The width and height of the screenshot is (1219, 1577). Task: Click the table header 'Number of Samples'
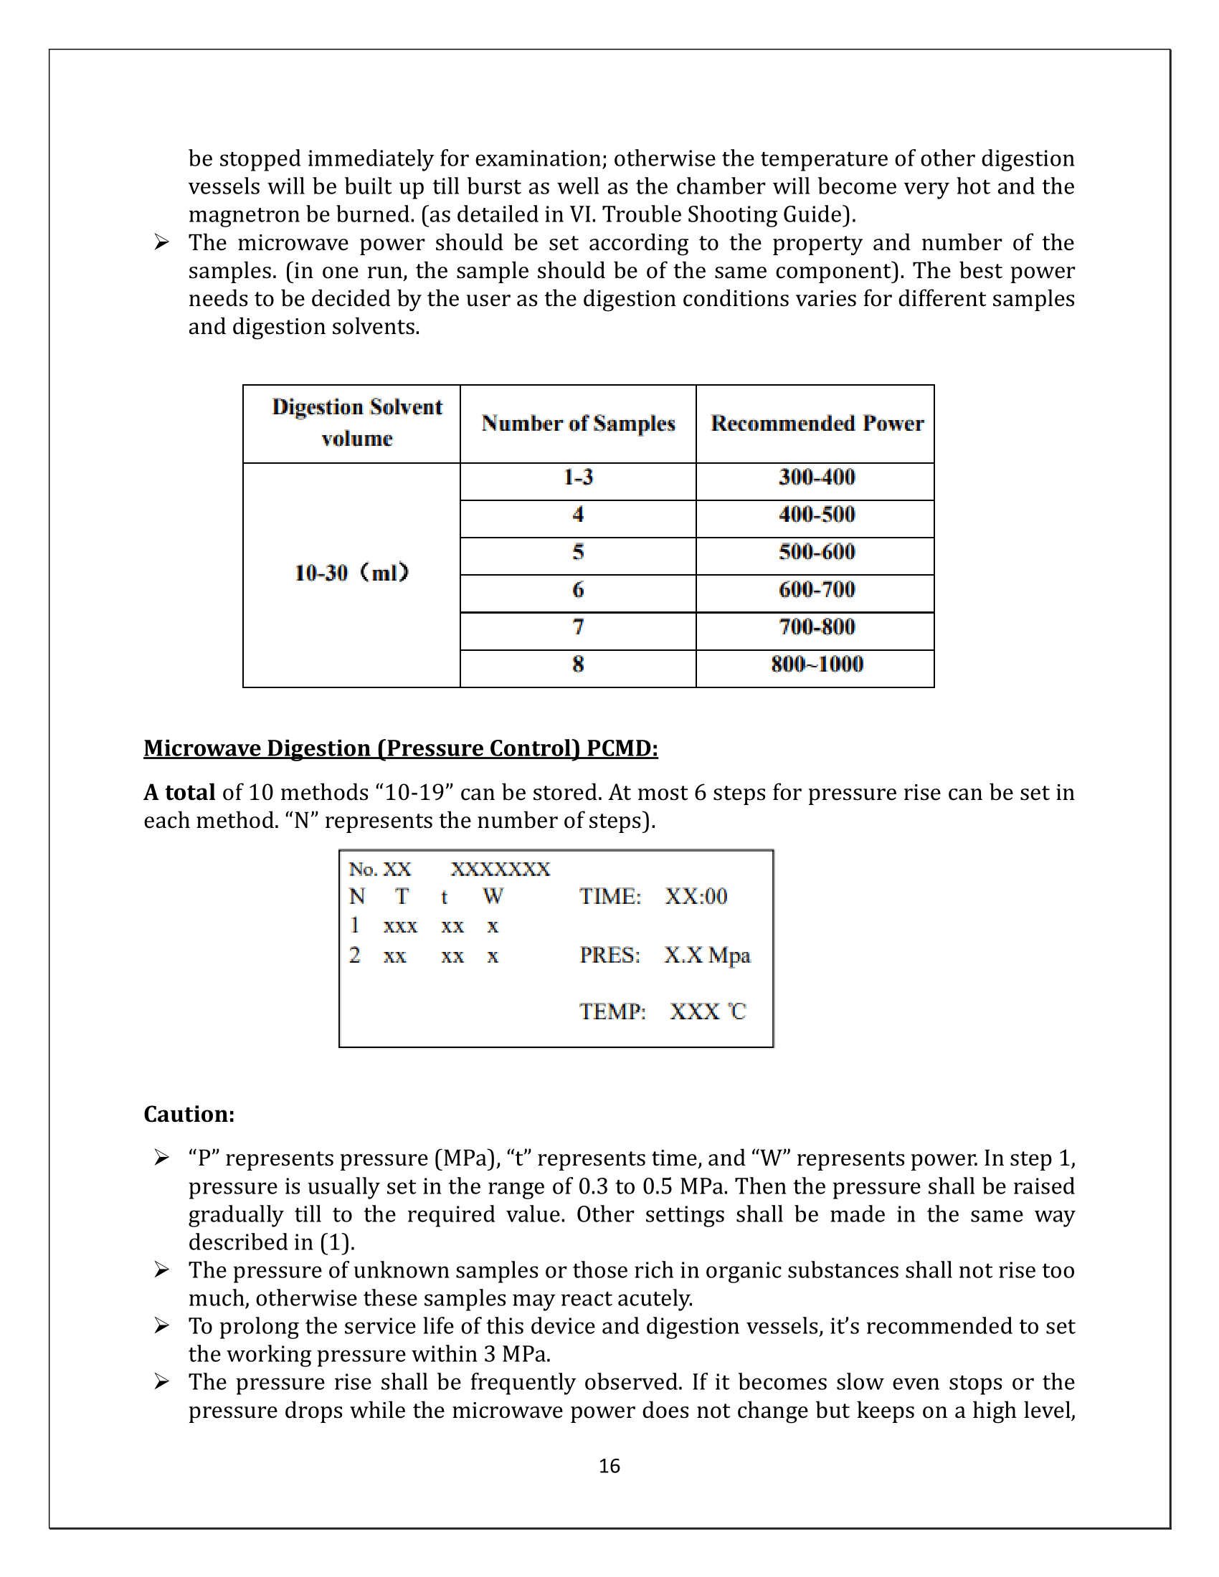point(578,424)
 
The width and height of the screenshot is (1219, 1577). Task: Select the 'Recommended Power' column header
point(816,424)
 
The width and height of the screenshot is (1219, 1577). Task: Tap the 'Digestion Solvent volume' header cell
point(357,423)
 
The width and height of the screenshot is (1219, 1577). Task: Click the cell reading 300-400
point(816,477)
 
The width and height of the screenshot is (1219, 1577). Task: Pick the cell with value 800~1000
point(816,664)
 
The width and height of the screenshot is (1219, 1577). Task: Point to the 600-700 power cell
point(816,590)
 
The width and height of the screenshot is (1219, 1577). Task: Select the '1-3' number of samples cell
point(578,477)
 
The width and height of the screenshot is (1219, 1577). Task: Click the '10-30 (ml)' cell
point(351,573)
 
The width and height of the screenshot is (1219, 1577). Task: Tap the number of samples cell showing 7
point(578,627)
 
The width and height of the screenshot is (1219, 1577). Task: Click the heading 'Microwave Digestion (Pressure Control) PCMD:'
point(401,749)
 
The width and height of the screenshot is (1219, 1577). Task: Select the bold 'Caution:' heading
point(189,1114)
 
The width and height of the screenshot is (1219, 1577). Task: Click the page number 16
point(609,1466)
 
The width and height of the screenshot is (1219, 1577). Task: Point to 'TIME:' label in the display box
point(609,897)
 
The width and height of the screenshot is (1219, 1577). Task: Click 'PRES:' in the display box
point(609,956)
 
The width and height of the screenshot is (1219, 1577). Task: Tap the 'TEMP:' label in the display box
point(612,1011)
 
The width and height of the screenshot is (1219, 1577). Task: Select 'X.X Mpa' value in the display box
point(707,956)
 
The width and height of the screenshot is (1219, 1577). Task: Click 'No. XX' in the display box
point(380,869)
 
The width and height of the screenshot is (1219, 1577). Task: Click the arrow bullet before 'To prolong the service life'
point(162,1325)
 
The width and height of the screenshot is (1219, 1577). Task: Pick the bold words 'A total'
point(179,793)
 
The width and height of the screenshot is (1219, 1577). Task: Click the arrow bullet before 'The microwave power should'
point(162,242)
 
